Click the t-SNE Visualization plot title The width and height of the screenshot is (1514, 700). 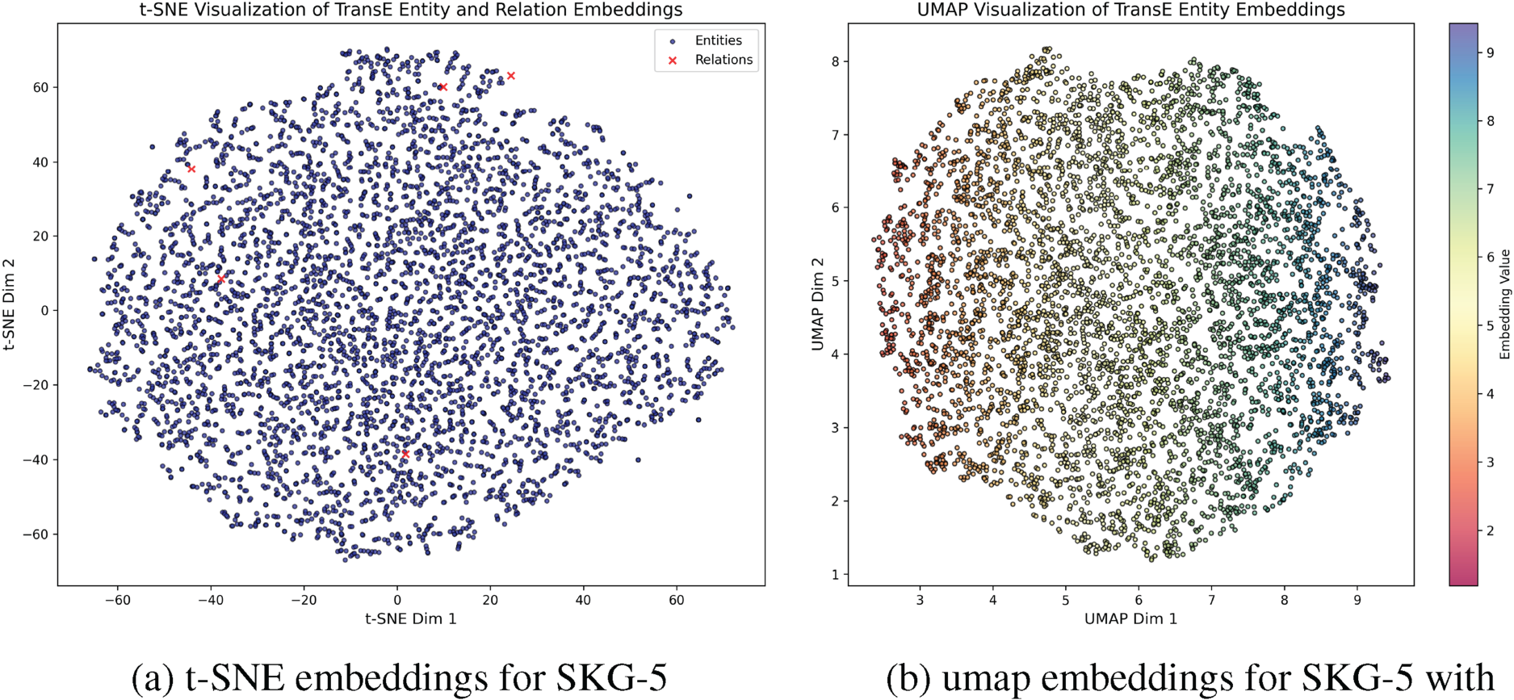click(411, 10)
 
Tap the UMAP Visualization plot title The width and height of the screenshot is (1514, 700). click(1130, 10)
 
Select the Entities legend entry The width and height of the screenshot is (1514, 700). click(718, 40)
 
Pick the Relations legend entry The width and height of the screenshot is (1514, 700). click(723, 60)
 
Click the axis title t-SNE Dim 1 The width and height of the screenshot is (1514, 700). click(411, 618)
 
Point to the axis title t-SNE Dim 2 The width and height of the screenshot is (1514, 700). click(10, 304)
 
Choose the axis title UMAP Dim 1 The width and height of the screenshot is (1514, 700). click(1130, 618)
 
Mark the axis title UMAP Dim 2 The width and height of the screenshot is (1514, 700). click(817, 304)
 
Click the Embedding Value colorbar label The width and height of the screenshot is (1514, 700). click(1504, 304)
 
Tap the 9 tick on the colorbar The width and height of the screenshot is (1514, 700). click(1491, 52)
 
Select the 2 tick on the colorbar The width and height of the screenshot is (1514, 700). click(1491, 530)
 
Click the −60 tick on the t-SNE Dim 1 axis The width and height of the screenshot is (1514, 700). click(117, 600)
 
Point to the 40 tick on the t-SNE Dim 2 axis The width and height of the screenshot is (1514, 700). click(40, 161)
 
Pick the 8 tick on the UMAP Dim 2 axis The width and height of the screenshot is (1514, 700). click(835, 61)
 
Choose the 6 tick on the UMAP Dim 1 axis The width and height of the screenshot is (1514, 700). click(1139, 600)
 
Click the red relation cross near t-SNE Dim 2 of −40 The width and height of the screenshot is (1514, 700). click(405, 454)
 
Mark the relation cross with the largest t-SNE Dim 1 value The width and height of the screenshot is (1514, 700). click(510, 76)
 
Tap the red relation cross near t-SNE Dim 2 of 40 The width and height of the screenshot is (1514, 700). click(191, 169)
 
